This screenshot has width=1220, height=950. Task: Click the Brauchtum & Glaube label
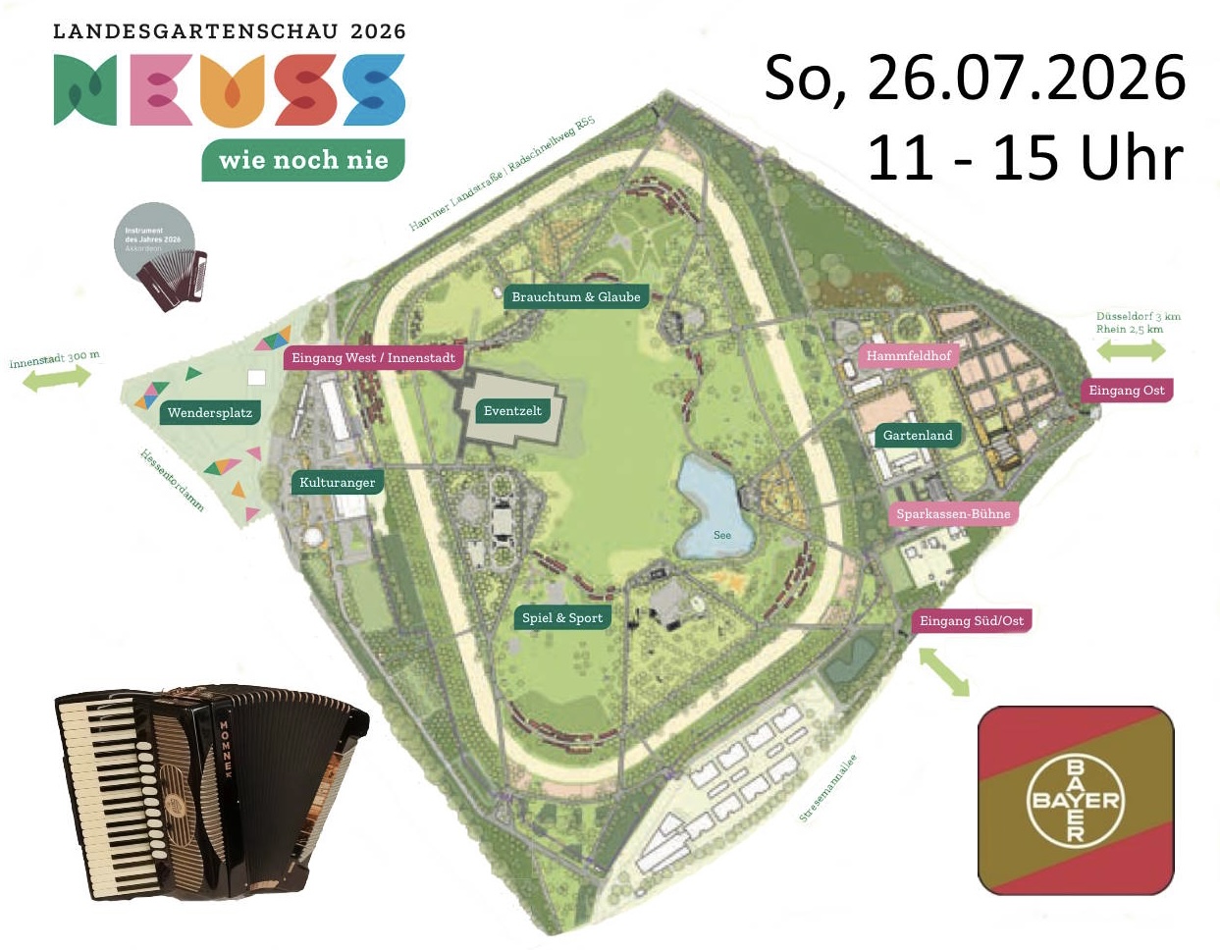[x=576, y=296]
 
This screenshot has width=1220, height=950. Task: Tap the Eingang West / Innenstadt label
[x=373, y=357]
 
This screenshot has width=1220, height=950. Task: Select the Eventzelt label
[x=512, y=411]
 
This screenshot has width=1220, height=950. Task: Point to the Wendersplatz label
[x=209, y=412]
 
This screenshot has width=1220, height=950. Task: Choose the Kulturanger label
[x=337, y=482]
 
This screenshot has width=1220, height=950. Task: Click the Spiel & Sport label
[x=562, y=617]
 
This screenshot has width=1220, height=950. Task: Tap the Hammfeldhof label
[x=908, y=355]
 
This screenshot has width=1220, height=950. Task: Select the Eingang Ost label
[x=1126, y=390]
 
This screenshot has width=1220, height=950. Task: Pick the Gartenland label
[x=917, y=435]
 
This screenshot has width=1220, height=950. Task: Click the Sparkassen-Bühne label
[x=952, y=513]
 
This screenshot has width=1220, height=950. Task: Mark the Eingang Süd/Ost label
[x=971, y=620]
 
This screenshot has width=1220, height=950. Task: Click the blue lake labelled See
[x=715, y=505]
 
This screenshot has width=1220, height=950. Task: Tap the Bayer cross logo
[x=1076, y=800]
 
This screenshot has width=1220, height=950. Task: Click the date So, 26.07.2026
[x=975, y=78]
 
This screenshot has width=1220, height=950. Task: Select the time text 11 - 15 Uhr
[x=1025, y=157]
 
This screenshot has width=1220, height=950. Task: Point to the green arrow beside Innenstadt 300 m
[x=56, y=378]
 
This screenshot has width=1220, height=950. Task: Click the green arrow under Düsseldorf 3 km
[x=1131, y=350]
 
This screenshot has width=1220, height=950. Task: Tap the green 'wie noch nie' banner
[x=303, y=160]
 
